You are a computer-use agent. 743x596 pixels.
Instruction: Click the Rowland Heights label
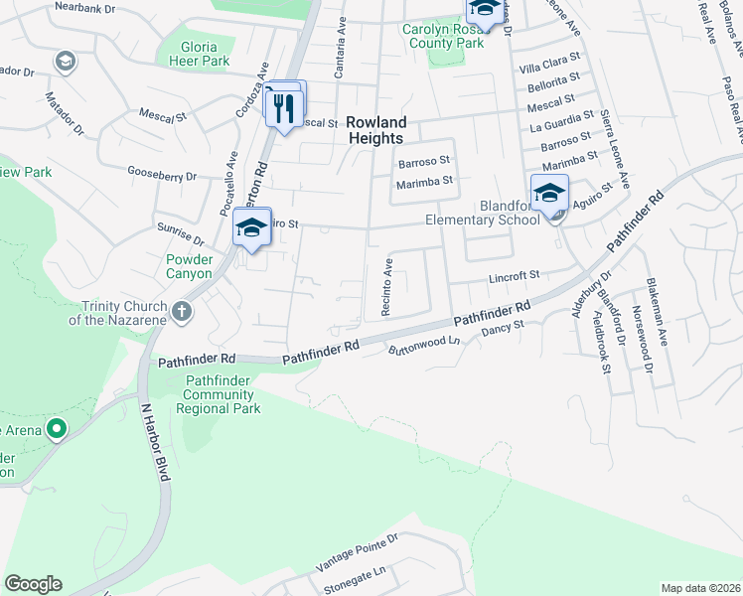click(x=376, y=130)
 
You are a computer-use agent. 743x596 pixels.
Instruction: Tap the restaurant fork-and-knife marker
click(x=285, y=106)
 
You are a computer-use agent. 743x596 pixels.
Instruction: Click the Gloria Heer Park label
click(x=205, y=54)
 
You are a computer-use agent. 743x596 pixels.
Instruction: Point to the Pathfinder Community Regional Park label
click(x=219, y=394)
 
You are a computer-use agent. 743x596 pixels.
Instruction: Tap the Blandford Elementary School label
click(x=482, y=213)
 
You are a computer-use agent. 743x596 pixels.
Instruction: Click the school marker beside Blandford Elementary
click(x=549, y=193)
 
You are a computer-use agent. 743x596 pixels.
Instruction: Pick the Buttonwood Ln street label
click(x=425, y=346)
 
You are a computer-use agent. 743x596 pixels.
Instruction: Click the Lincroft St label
click(x=514, y=275)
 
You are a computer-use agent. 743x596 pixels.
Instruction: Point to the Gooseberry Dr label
click(x=170, y=176)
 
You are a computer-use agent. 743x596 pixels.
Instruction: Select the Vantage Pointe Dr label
click(x=357, y=551)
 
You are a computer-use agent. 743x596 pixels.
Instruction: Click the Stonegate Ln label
click(x=351, y=578)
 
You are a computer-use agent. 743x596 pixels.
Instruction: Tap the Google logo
click(x=33, y=584)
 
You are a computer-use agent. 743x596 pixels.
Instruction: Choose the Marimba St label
click(x=424, y=181)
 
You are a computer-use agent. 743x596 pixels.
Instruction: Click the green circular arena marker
click(x=57, y=429)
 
